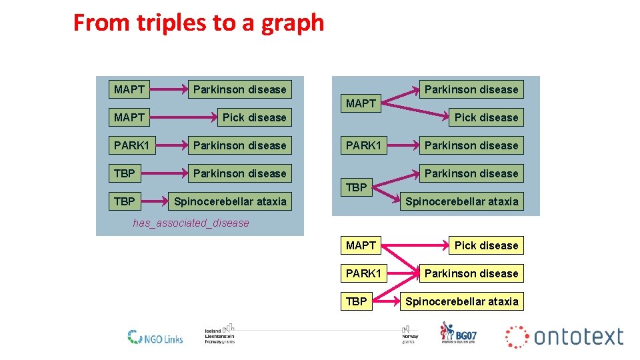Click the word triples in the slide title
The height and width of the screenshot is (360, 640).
tap(170, 23)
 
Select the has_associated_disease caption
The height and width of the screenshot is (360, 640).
tap(191, 223)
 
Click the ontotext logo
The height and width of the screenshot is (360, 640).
tap(565, 337)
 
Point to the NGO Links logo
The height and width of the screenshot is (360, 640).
tap(155, 337)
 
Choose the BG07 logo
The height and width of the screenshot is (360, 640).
tap(458, 333)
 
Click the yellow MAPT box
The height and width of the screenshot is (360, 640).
tap(361, 245)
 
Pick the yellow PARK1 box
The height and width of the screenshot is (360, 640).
tap(363, 273)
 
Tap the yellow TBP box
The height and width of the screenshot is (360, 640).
tap(357, 301)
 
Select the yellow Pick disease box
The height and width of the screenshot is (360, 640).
tap(486, 245)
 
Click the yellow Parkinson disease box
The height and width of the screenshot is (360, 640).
tap(471, 273)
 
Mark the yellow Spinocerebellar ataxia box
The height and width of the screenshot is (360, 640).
tap(461, 301)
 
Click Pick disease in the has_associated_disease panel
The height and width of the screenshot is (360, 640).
tap(254, 117)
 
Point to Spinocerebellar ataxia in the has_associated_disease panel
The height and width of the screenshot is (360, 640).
tap(230, 201)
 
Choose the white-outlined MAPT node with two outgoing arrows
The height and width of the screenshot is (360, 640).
tap(361, 103)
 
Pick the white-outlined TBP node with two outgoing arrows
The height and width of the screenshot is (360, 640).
tap(357, 187)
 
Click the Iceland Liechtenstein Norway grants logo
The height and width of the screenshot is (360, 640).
tap(219, 335)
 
